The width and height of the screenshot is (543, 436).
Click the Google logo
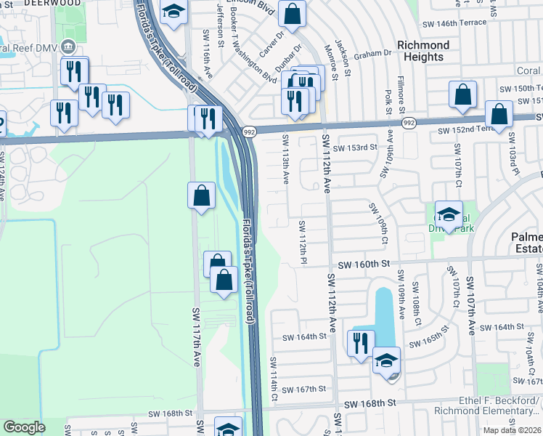[x=24, y=427]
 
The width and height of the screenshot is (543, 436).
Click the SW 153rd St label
[x=356, y=146]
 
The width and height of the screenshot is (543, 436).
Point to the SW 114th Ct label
[x=274, y=379]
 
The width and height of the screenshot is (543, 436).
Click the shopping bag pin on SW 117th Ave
[x=201, y=195]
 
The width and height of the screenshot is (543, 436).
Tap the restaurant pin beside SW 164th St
[x=361, y=343]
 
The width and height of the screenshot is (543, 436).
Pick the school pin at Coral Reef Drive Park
[x=449, y=214]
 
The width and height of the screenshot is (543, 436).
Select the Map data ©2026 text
[x=511, y=430]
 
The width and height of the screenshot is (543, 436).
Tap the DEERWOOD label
[x=58, y=3]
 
